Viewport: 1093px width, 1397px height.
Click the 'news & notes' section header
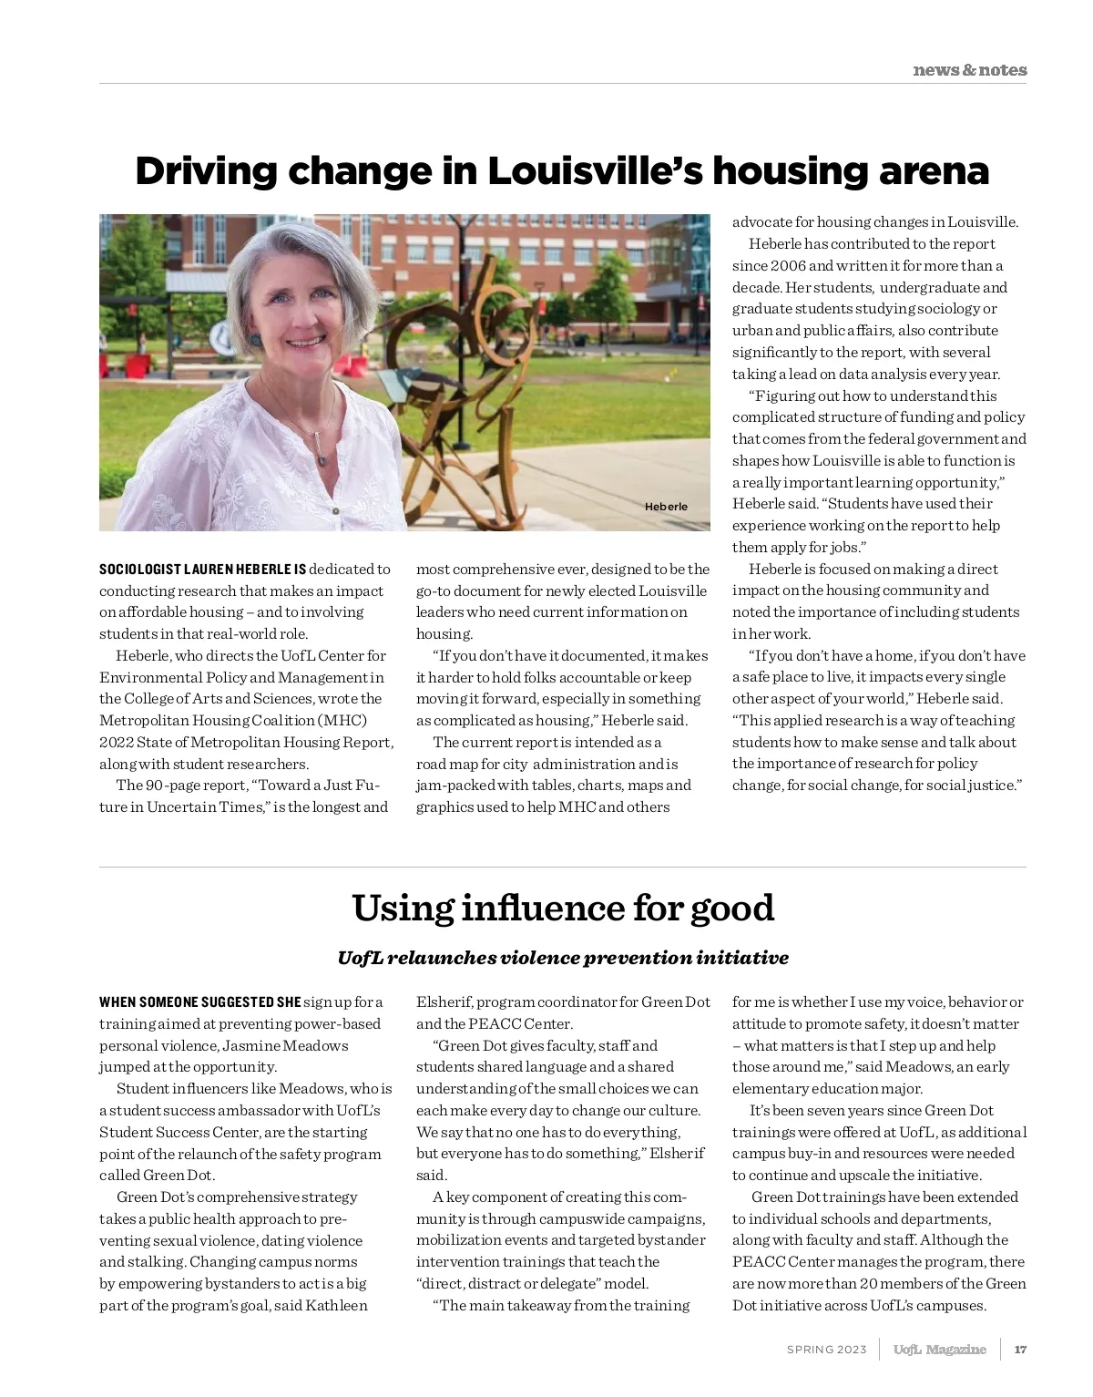969,70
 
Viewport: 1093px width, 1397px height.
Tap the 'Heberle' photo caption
666,507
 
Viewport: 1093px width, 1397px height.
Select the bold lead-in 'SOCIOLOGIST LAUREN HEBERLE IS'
202,570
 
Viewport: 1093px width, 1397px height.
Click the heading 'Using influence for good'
562,909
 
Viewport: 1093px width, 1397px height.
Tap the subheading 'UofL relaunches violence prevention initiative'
562,958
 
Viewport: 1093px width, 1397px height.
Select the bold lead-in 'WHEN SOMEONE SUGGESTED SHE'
199,1002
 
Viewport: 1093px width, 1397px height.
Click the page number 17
1020,1350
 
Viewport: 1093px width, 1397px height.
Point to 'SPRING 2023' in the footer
826,1350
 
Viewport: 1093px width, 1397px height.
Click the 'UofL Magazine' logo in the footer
939,1350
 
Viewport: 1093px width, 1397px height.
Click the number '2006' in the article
788,266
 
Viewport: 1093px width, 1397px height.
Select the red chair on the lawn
137,366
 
